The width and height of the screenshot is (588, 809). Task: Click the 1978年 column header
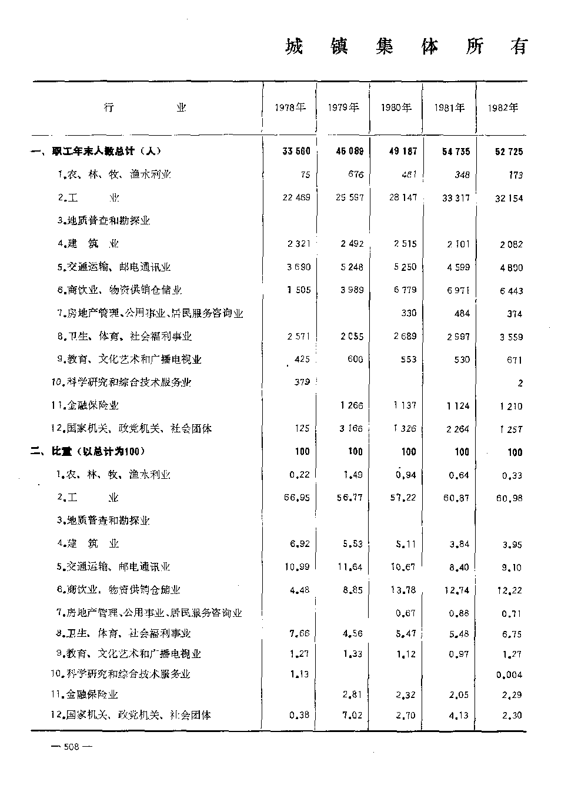coord(290,108)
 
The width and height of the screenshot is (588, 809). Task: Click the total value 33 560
coord(296,152)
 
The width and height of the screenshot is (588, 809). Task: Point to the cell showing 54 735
coord(456,152)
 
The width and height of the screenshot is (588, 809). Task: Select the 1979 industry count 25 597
coord(349,197)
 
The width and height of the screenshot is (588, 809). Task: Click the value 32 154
coord(509,198)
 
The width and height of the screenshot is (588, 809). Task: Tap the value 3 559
coord(510,337)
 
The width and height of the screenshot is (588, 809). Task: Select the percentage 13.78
coord(403,590)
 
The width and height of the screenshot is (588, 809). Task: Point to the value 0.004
coord(509,675)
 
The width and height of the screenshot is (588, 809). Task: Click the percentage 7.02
coord(353,715)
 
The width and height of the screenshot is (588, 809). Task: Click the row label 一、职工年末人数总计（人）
coord(97,152)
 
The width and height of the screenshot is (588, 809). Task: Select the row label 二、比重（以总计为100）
coord(88,451)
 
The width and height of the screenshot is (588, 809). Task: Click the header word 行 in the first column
coord(108,108)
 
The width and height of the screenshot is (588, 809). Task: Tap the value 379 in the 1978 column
coord(302,382)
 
